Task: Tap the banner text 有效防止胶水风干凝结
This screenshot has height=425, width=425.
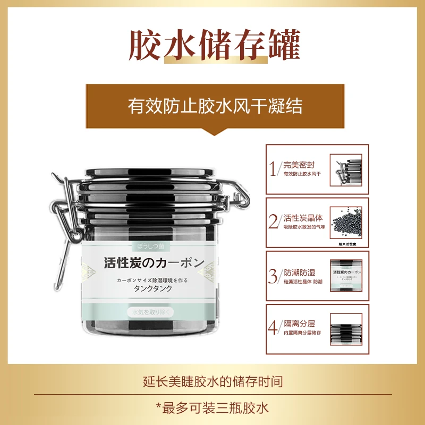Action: [x=215, y=106]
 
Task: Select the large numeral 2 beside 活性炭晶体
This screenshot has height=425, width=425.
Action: [x=274, y=222]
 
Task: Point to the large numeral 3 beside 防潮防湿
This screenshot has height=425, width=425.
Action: [x=274, y=276]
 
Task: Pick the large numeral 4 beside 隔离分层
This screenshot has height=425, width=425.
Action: [x=274, y=328]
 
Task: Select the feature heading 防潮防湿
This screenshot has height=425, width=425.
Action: [x=299, y=271]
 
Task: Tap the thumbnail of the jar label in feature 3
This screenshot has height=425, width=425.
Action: [x=349, y=275]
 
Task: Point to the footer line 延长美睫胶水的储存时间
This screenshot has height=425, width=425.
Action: [x=213, y=381]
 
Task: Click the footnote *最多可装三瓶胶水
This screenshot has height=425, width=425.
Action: [x=213, y=408]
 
